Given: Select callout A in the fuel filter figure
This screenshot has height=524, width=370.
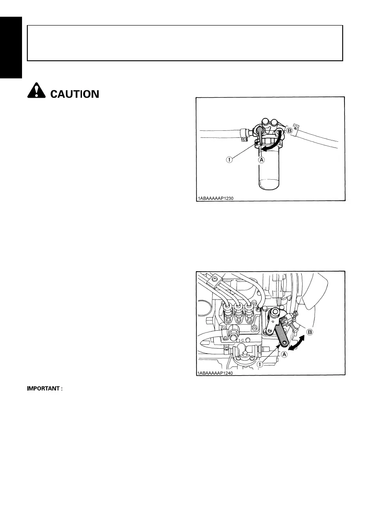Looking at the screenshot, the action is point(261,160).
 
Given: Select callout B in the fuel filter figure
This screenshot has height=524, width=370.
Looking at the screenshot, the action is point(290,131).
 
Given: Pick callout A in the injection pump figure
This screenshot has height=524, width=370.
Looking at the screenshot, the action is point(284,354).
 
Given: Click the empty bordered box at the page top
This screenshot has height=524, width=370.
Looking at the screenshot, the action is point(185,43).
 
